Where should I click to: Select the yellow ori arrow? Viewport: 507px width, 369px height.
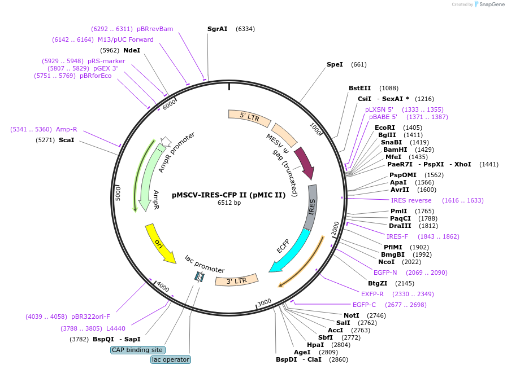point(160,243)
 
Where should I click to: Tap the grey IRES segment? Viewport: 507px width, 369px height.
point(311,206)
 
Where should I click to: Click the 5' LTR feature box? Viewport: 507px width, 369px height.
point(249,117)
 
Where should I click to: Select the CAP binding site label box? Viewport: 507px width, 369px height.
point(137,350)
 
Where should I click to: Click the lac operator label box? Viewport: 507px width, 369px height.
point(171,359)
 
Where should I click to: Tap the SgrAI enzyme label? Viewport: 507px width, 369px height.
point(217,28)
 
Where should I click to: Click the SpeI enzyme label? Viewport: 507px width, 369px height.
point(335,64)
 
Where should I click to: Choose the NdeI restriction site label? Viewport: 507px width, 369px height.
point(132,50)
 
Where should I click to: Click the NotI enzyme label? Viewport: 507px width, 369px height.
point(351,315)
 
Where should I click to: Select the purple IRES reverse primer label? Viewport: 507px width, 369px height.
point(411,200)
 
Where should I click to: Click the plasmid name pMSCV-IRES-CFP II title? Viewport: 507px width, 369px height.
point(229,195)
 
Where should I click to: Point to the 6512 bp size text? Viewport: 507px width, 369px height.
point(229,203)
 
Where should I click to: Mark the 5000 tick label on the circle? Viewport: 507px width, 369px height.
point(119,192)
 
